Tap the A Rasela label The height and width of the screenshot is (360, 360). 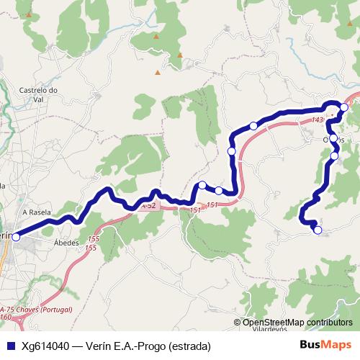tap(36, 212)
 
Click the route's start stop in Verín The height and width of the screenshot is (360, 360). tap(16, 236)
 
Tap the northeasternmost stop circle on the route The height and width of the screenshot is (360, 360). tap(344, 107)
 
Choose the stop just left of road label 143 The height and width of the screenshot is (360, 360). tap(253, 126)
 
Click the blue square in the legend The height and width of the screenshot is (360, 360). tap(9, 345)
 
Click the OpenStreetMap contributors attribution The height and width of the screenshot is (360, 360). tap(297, 322)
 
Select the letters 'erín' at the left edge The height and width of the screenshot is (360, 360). tap(6, 235)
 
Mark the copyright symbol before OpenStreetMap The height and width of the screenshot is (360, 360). tap(238, 322)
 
